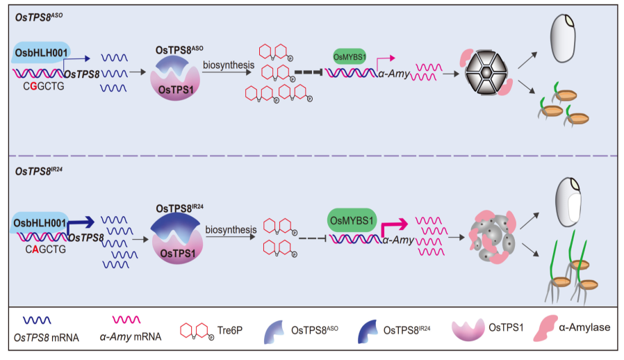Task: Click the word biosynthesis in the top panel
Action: point(227,65)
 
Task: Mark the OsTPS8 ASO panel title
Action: point(39,16)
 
